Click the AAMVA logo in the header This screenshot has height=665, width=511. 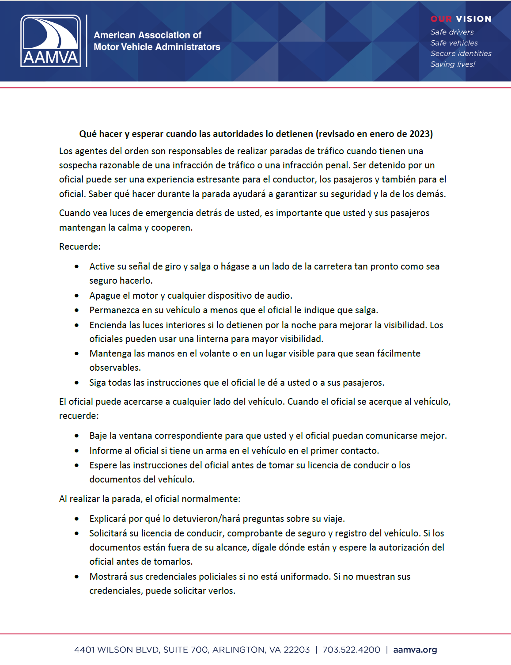[x=50, y=41]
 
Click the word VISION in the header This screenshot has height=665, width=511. [x=473, y=19]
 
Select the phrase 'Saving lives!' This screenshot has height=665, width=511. [x=453, y=65]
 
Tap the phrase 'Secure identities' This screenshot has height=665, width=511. [x=461, y=53]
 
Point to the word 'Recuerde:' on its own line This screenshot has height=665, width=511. [x=80, y=247]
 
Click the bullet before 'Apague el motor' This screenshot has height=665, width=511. [x=77, y=296]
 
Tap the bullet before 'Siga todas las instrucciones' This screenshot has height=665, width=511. [x=77, y=383]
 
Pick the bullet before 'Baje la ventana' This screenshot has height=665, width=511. [x=77, y=436]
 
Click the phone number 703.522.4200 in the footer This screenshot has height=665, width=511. [x=351, y=650]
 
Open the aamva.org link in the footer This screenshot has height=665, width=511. [x=415, y=650]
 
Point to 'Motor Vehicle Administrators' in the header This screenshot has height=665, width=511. [x=157, y=47]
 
